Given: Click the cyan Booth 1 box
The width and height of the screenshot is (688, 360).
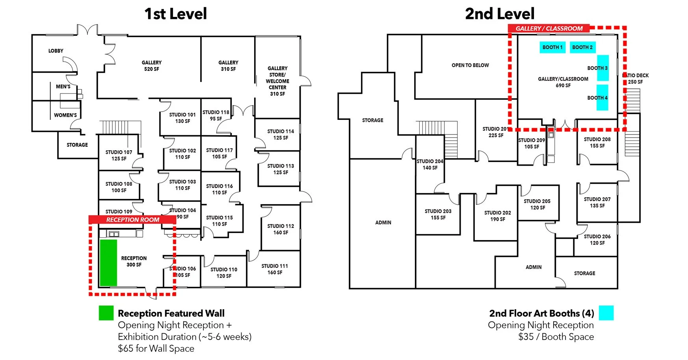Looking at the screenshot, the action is click(x=552, y=47).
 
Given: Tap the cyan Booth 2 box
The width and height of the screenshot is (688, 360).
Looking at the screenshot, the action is click(x=582, y=47).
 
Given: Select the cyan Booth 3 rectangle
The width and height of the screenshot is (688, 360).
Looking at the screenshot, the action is click(x=602, y=68).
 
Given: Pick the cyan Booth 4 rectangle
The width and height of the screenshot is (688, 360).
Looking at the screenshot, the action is click(x=602, y=97).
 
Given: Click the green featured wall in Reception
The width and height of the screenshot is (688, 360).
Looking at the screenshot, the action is click(x=108, y=262).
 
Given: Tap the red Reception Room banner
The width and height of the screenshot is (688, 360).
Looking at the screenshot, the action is click(x=132, y=220).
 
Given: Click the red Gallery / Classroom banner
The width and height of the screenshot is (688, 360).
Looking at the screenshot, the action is click(x=549, y=28).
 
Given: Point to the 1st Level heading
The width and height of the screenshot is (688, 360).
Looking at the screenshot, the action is click(x=175, y=14).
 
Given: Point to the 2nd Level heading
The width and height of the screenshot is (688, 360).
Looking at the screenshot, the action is click(x=500, y=14).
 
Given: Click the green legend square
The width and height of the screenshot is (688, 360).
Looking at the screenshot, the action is click(x=106, y=313).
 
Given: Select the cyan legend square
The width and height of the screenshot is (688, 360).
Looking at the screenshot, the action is click(x=606, y=313).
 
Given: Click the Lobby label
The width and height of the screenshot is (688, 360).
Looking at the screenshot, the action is click(x=56, y=51).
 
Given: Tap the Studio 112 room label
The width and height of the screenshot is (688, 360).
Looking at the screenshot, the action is click(x=281, y=229).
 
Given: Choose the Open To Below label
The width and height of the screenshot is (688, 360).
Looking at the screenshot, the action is click(x=470, y=65).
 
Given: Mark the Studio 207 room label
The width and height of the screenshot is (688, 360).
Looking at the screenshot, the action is click(x=597, y=202).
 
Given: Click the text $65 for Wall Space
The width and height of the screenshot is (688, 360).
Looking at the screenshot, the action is click(x=156, y=349).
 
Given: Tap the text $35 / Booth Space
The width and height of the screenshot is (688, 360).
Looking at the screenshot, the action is click(x=556, y=337).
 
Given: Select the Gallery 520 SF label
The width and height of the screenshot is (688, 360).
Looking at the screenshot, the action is click(x=152, y=66).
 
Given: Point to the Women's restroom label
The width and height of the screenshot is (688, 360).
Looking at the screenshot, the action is click(x=65, y=115).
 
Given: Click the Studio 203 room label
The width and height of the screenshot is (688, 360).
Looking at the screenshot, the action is click(x=438, y=214).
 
